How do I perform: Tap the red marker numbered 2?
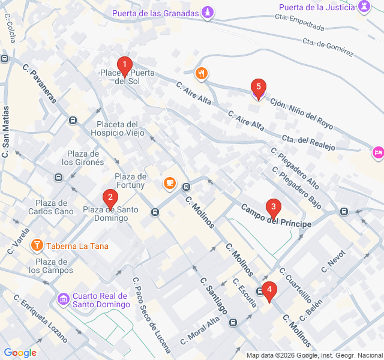pyautogui.click(x=109, y=197)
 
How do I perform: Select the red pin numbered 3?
pyautogui.click(x=274, y=209)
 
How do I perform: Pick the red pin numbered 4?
pyautogui.click(x=269, y=292)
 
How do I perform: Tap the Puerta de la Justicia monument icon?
pyautogui.click(x=364, y=7)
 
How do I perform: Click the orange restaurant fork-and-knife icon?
pyautogui.click(x=202, y=74)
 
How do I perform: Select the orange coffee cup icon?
pyautogui.click(x=170, y=183)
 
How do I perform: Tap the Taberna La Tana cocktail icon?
pyautogui.click(x=37, y=245)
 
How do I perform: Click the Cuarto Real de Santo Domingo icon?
pyautogui.click(x=63, y=299)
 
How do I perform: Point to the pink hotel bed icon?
pyautogui.click(x=377, y=153)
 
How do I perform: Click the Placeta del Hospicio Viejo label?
pyautogui.click(x=117, y=128)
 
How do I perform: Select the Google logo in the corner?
pyautogui.click(x=20, y=352)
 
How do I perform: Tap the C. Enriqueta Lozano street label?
pyautogui.click(x=41, y=318)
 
